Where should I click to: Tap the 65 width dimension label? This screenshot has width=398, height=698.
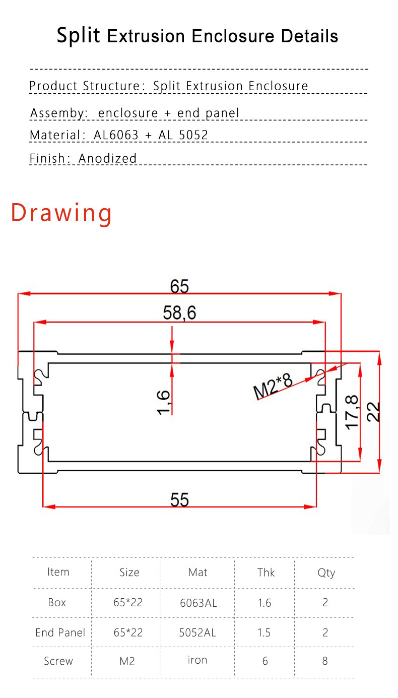pyautogui.click(x=179, y=286)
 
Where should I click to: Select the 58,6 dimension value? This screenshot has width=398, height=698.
pyautogui.click(x=179, y=313)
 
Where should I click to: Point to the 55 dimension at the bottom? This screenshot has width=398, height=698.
pyautogui.click(x=179, y=500)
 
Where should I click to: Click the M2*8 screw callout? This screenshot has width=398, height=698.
pyautogui.click(x=273, y=386)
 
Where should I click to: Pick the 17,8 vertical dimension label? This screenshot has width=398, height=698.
pyautogui.click(x=352, y=412)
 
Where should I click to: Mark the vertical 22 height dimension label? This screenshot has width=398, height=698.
pyautogui.click(x=373, y=412)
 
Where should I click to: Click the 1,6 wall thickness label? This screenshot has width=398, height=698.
pyautogui.click(x=164, y=402)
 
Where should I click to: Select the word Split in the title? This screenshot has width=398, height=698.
pyautogui.click(x=78, y=35)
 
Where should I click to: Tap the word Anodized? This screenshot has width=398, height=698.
pyautogui.click(x=107, y=158)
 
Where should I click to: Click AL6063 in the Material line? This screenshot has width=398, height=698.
pyautogui.click(x=116, y=135)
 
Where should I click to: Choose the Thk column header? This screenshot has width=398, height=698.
pyautogui.click(x=266, y=573)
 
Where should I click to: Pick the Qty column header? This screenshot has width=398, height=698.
pyautogui.click(x=326, y=573)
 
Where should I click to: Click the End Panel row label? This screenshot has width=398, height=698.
pyautogui.click(x=60, y=632)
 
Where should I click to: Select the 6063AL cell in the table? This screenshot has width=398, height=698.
pyautogui.click(x=198, y=603)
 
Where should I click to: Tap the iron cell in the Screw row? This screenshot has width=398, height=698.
pyautogui.click(x=197, y=660)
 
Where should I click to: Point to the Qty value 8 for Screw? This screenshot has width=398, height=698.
pyautogui.click(x=325, y=661)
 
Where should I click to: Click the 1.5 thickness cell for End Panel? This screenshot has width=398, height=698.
pyautogui.click(x=264, y=632)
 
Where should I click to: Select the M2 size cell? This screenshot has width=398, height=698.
pyautogui.click(x=127, y=661)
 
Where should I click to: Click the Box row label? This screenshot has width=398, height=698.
pyautogui.click(x=57, y=602)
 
